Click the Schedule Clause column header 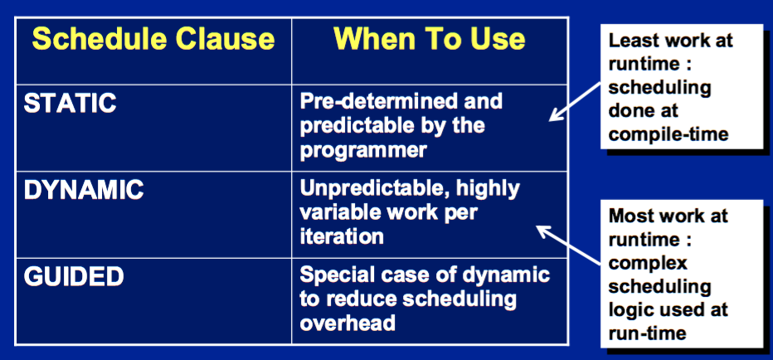(153, 39)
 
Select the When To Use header (430, 39)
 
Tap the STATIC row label (70, 103)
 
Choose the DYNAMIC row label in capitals (84, 190)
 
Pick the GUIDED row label (74, 277)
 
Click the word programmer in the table (362, 150)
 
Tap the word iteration (342, 236)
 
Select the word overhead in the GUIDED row (348, 323)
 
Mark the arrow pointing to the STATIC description (575, 101)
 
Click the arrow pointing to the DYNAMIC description (568, 245)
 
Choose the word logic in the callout (630, 311)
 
